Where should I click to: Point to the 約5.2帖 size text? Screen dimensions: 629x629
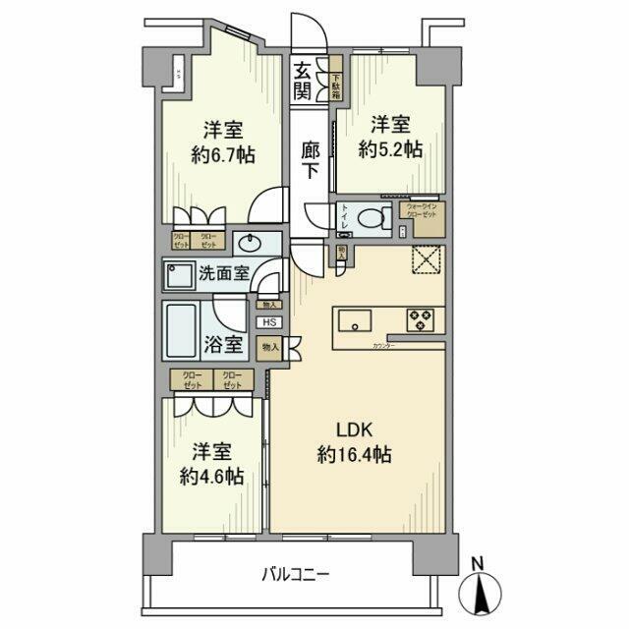(x=390, y=149)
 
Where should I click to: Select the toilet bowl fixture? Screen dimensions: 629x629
(x=372, y=218)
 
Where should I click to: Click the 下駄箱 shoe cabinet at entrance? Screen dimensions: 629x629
(x=335, y=85)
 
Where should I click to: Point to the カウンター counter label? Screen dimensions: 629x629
(x=384, y=346)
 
